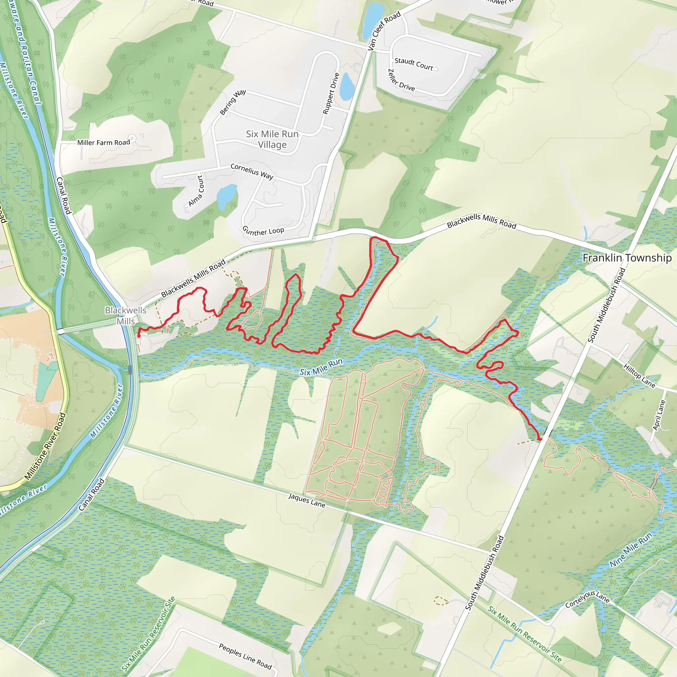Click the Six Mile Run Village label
pyautogui.click(x=272, y=139)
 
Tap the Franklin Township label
pyautogui.click(x=627, y=258)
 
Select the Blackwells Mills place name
pyautogui.click(x=125, y=315)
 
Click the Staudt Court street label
pyautogui.click(x=414, y=64)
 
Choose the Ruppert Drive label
pyautogui.click(x=331, y=94)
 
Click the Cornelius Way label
pyautogui.click(x=252, y=171)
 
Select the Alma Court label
pyautogui.click(x=196, y=191)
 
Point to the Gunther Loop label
pyautogui.click(x=263, y=231)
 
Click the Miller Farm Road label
pyautogui.click(x=104, y=142)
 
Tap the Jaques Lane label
pyautogui.click(x=307, y=500)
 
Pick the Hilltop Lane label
pyautogui.click(x=639, y=376)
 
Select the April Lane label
pyautogui.click(x=659, y=415)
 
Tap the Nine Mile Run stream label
pyautogui.click(x=631, y=549)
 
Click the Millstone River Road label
pyautogui.click(x=46, y=446)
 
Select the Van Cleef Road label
pyautogui.click(x=384, y=31)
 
